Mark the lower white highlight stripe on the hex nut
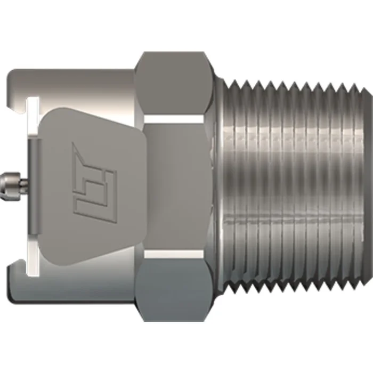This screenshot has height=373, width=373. coord(176,255)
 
